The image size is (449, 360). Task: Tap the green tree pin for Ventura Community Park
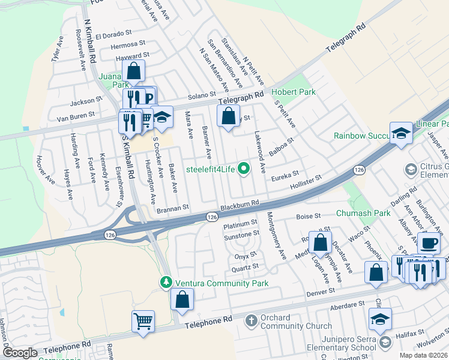pyautogui.click(x=167, y=282)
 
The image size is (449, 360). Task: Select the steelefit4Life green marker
pyautogui.click(x=243, y=169)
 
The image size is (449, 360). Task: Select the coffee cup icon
pyautogui.click(x=429, y=243)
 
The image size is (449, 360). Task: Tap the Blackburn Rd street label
pyautogui.click(x=240, y=205)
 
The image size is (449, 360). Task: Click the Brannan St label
pyautogui.click(x=173, y=207)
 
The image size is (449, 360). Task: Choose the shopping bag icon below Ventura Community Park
pyautogui.click(x=182, y=299)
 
